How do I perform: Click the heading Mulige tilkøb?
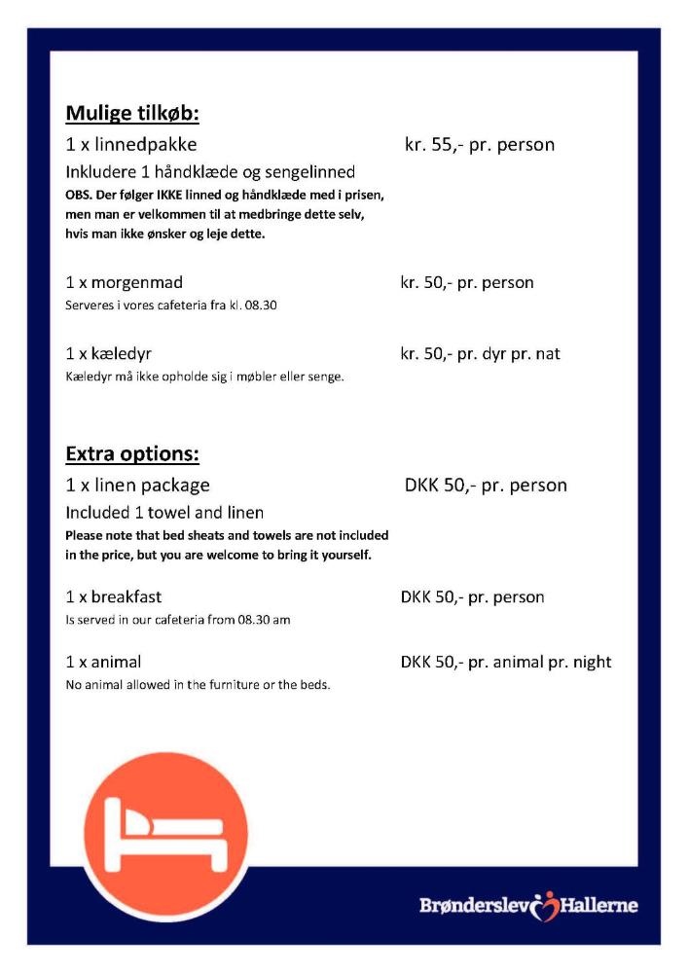[x=132, y=114]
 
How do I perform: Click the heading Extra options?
[x=132, y=454]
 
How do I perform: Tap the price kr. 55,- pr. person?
[x=479, y=145]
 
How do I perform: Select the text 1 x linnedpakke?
[x=131, y=145]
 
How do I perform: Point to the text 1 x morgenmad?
[x=125, y=283]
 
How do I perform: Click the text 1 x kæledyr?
[x=109, y=353]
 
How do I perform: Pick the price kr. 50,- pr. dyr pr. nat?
[x=480, y=353]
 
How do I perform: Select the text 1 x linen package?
[x=138, y=485]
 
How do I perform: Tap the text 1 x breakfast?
[x=114, y=596]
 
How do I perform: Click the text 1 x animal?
[x=104, y=662]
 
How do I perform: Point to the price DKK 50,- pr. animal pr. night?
[x=506, y=662]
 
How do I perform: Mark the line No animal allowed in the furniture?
[x=198, y=685]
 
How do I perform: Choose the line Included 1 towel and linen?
[x=164, y=512]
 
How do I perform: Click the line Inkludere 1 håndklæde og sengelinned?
[x=210, y=172]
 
